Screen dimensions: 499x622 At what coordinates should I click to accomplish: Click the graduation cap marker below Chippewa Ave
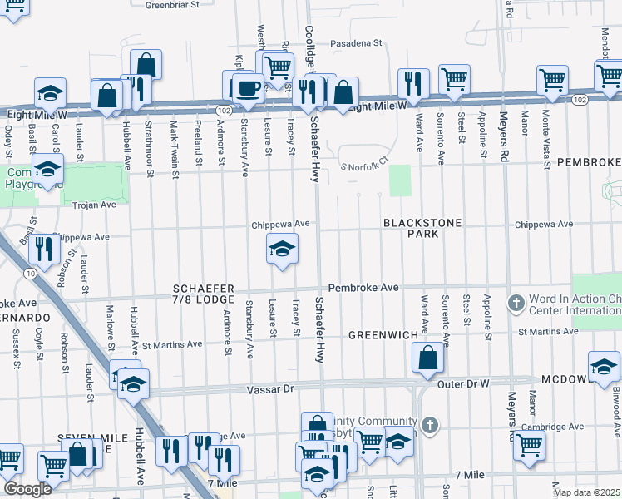point(282,249)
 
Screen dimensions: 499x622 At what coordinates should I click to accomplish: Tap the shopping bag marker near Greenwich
point(427,358)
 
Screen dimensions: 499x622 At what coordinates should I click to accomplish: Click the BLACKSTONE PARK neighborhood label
point(410,229)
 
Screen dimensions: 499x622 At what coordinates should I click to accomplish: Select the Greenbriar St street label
point(173,5)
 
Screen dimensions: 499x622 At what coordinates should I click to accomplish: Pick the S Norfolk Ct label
point(365,162)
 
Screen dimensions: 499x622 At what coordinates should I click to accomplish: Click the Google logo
point(27,489)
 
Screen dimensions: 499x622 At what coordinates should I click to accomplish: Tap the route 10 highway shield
point(30,272)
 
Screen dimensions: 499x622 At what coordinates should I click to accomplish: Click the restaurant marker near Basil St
point(42,249)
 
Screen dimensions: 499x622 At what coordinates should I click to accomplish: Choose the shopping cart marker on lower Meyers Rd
point(528,446)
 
